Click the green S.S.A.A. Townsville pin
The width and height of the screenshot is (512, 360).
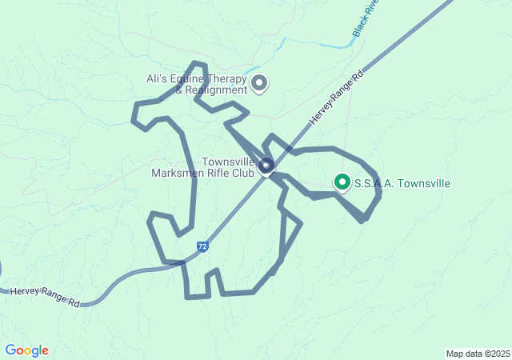pos(342,182)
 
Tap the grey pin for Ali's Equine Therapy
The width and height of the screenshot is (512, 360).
pos(259,82)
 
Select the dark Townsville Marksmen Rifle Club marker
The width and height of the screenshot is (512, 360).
pos(266,166)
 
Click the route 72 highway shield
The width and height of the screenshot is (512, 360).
pos(203,247)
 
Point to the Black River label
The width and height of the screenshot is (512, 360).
pos(366,18)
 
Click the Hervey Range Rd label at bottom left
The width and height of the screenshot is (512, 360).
pos(45,297)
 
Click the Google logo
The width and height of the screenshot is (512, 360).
pos(26,350)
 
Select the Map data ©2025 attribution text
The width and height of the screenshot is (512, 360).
pos(478,354)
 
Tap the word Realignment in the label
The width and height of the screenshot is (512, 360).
pos(217,90)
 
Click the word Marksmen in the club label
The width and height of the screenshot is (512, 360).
pos(185,173)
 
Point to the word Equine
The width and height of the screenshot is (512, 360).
pos(192,79)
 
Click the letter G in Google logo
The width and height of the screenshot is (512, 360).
pos(10,350)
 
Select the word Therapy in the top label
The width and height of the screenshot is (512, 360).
pos(228,79)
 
